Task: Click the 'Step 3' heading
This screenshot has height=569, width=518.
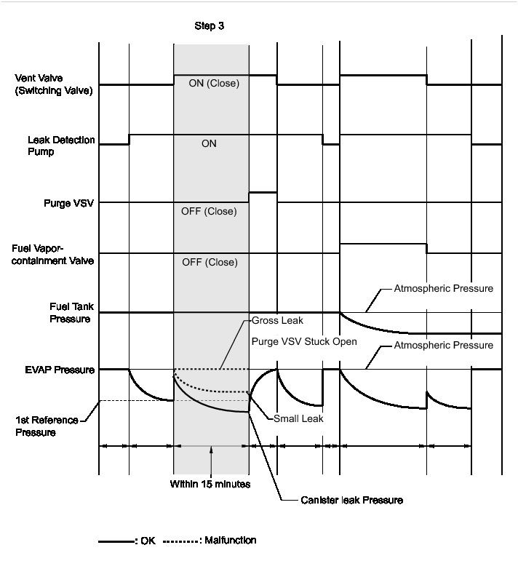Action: click(210, 25)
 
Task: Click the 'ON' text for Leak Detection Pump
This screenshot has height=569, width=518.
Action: click(210, 144)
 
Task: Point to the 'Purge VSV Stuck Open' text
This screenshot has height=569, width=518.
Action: click(304, 342)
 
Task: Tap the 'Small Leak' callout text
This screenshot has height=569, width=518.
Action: click(298, 418)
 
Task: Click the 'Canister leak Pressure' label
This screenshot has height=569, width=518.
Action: click(351, 500)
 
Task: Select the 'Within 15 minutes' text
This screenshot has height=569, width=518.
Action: click(210, 482)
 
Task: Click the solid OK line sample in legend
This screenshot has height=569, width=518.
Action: click(116, 541)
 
